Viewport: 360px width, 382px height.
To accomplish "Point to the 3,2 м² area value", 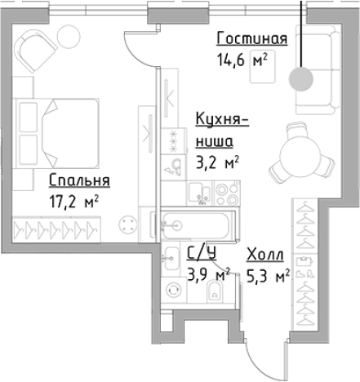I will tap(217, 162).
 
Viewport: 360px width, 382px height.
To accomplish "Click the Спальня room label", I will tap(79, 180).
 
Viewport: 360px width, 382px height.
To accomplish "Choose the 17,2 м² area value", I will tap(74, 198).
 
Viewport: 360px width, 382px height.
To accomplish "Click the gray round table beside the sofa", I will tap(300, 78).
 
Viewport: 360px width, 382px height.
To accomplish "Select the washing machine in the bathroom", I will tap(173, 290).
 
